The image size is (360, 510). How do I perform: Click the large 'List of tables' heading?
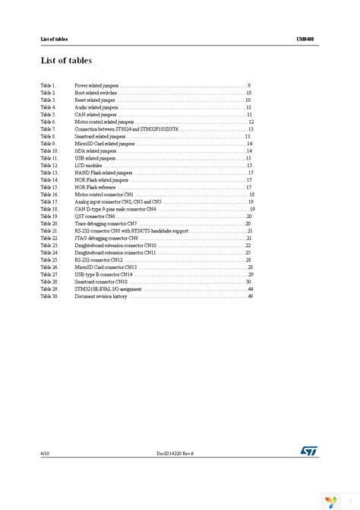pyautogui.click(x=66, y=60)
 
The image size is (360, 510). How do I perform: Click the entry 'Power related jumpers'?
pyautogui.click(x=97, y=85)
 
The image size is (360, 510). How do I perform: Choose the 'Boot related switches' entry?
pyautogui.click(x=96, y=93)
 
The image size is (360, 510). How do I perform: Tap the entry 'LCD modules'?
pyautogui.click(x=88, y=165)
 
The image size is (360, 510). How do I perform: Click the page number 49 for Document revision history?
pyautogui.click(x=249, y=296)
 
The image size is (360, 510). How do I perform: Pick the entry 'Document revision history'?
pyautogui.click(x=102, y=296)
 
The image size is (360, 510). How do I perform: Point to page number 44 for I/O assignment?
pyautogui.click(x=249, y=289)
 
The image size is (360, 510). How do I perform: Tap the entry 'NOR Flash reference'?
pyautogui.click(x=96, y=187)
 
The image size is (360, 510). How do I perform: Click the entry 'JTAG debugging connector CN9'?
pyautogui.click(x=107, y=238)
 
